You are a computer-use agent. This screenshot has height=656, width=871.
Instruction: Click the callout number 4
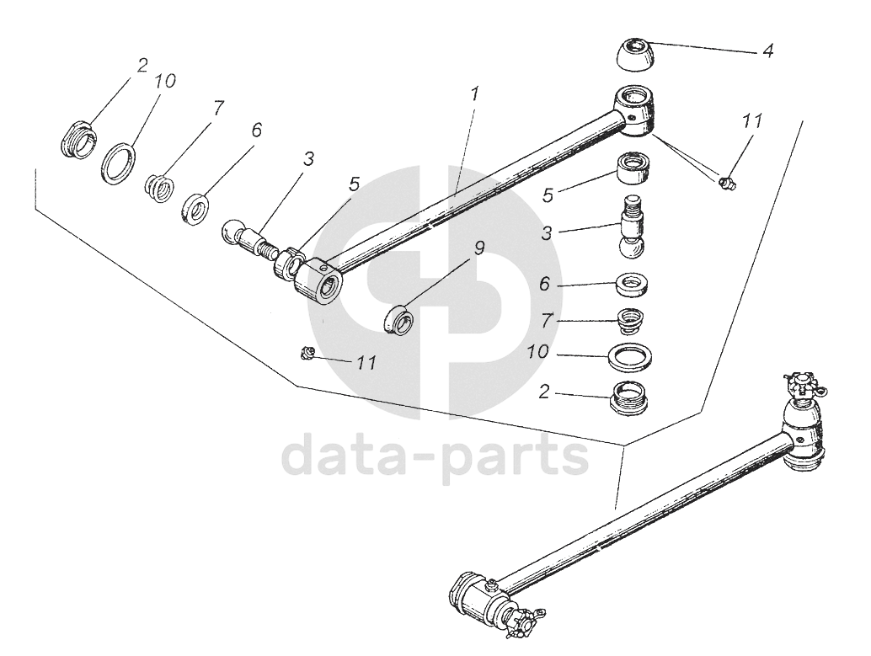[x=767, y=51]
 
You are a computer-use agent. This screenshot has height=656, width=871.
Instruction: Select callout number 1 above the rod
[x=475, y=94]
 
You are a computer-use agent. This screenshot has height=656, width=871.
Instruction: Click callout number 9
[x=478, y=248]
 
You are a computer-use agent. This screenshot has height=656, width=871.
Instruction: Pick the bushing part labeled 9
[x=398, y=319]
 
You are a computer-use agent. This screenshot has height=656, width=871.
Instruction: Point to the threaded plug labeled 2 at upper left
[x=77, y=140]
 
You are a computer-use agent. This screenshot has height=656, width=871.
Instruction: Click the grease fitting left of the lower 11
[x=308, y=354]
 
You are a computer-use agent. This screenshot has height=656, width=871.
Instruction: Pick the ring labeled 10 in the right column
[x=633, y=357]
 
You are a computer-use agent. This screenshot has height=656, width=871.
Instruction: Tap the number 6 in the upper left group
[x=256, y=130]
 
